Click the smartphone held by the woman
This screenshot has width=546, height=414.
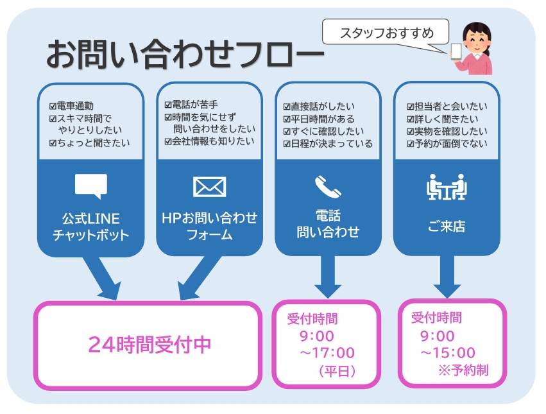[x=456, y=51]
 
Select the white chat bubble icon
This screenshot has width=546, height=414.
[x=90, y=185]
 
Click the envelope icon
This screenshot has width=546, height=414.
[x=209, y=186]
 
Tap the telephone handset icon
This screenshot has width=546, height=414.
[x=328, y=186]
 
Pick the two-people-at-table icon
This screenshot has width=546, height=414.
[x=447, y=187]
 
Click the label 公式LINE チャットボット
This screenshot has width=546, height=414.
[x=90, y=227]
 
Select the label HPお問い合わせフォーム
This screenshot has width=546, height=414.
[x=209, y=226]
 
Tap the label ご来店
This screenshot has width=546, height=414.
[x=447, y=226]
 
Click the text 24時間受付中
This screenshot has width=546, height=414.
[x=149, y=345]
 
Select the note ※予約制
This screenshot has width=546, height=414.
[x=463, y=370]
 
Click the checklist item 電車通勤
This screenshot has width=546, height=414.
[x=76, y=106]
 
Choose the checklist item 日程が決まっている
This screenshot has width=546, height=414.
[x=328, y=144]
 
